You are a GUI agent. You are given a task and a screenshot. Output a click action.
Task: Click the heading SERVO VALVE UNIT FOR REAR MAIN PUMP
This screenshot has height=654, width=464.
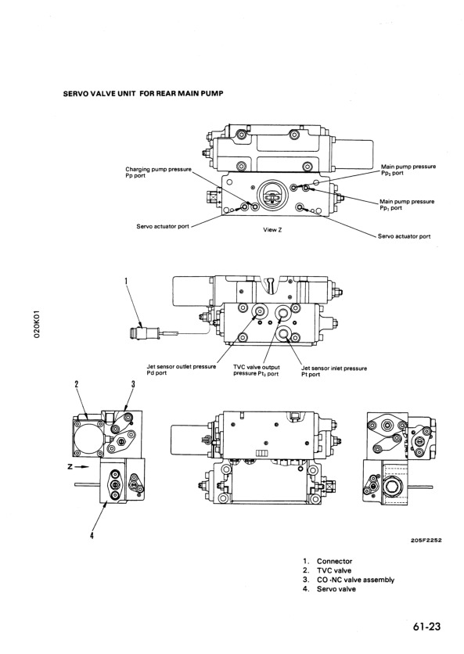142,93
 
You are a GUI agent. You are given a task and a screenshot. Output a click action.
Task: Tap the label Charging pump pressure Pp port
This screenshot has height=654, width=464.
159,172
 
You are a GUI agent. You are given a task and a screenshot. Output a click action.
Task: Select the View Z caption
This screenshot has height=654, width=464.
272,229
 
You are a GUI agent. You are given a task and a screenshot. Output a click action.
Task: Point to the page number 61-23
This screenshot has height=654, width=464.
427,626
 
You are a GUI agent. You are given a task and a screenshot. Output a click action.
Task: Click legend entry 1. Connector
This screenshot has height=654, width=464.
328,562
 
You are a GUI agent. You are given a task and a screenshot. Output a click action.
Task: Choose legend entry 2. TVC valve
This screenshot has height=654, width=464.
327,570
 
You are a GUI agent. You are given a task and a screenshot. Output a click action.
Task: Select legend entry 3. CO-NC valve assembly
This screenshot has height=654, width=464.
348,580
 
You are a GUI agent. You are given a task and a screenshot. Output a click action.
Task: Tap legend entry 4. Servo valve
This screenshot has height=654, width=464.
329,589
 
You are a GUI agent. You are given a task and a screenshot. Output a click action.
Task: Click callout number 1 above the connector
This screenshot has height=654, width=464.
126,281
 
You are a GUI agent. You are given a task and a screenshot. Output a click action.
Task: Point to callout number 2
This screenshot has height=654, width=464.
77,384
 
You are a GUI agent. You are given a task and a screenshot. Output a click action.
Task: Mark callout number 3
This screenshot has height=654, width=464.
133,384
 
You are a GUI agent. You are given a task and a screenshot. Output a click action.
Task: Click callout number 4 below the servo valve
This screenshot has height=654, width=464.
92,536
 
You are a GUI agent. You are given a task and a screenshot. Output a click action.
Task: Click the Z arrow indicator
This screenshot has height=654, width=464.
79,467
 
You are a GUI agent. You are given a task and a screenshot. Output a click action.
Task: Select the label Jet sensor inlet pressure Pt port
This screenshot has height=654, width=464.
334,372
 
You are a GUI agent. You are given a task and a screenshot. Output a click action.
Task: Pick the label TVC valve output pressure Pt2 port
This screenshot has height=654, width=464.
256,370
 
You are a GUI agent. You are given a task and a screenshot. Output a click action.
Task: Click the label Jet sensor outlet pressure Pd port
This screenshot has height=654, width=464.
182,369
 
